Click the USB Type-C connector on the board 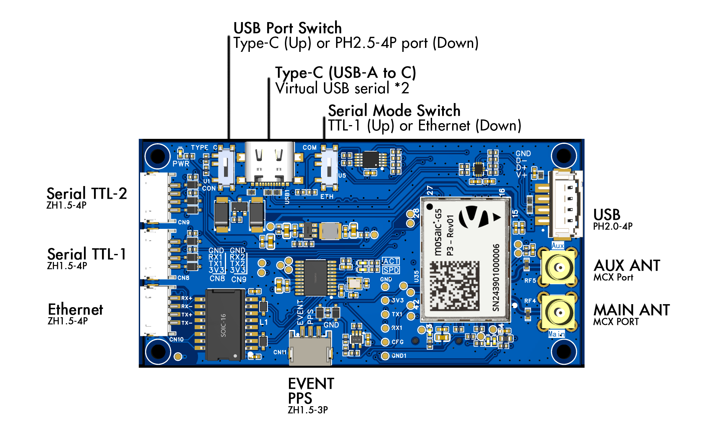pyautogui.click(x=270, y=162)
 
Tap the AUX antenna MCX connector pyautogui.click(x=558, y=267)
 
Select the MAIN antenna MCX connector pyautogui.click(x=558, y=312)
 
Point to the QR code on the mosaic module pyautogui.click(x=454, y=286)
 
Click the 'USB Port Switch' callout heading pyautogui.click(x=287, y=28)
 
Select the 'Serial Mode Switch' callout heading pyautogui.click(x=394, y=111)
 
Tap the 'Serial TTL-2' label pyautogui.click(x=87, y=194)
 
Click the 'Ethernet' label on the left pyautogui.click(x=75, y=309)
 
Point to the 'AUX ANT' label pyautogui.click(x=627, y=266)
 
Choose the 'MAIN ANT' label pyautogui.click(x=631, y=310)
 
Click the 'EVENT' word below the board pyautogui.click(x=311, y=384)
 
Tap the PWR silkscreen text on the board pyautogui.click(x=181, y=164)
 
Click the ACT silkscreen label pyautogui.click(x=391, y=261)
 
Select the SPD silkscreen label pyautogui.click(x=391, y=270)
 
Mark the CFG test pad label pyautogui.click(x=398, y=342)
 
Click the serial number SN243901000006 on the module pyautogui.click(x=496, y=277)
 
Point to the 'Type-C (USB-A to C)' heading pyautogui.click(x=345, y=73)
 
